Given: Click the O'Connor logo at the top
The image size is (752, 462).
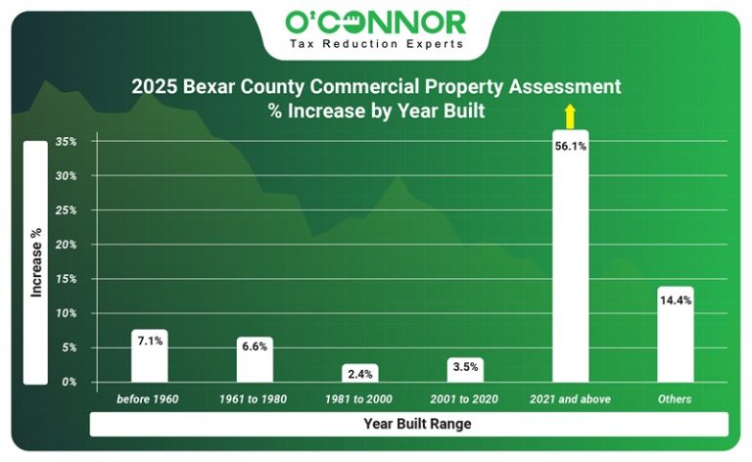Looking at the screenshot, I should point(376,21).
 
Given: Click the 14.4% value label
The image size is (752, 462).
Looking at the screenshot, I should point(676,300).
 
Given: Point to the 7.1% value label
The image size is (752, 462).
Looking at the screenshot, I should point(149,342).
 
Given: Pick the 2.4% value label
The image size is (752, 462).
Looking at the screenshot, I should point(359,374).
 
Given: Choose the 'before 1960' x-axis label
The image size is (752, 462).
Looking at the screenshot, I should point(149,399).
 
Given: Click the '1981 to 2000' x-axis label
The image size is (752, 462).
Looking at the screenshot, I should point(359,399).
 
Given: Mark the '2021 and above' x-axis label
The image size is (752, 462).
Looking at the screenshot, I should point(570,399).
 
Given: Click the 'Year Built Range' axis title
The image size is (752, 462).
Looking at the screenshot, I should point(408,425).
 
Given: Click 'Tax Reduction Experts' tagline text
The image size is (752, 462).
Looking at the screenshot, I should point(376,44).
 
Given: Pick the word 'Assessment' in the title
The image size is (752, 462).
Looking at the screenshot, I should point(567,86).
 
